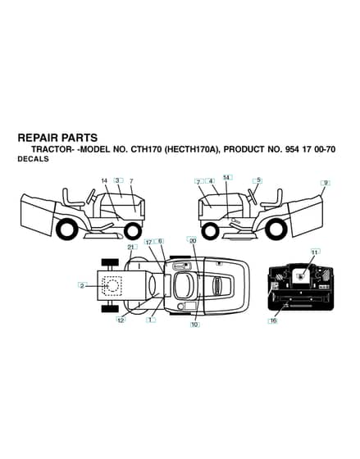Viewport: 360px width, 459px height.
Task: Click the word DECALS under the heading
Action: (x=33, y=159)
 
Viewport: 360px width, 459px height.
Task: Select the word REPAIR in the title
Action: (x=38, y=138)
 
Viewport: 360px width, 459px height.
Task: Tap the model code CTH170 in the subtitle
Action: (x=146, y=149)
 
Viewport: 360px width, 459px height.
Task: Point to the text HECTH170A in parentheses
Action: (x=192, y=149)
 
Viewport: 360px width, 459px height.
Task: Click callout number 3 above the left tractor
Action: (x=118, y=180)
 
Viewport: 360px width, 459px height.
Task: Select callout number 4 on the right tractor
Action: (x=210, y=181)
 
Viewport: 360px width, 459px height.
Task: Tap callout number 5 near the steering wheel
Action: (x=258, y=180)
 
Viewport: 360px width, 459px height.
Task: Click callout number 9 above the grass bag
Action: (x=325, y=183)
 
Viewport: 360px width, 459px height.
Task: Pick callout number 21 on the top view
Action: (x=130, y=248)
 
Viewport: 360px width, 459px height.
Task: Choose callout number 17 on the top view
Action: (x=148, y=242)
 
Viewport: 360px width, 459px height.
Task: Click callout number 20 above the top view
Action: (x=193, y=241)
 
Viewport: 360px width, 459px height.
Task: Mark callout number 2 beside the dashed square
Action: (x=82, y=286)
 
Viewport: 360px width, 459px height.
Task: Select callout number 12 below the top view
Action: (x=121, y=320)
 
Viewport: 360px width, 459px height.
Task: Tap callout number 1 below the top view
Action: (x=151, y=320)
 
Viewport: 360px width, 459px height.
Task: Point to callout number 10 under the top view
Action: (x=194, y=325)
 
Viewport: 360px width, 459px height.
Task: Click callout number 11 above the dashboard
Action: (x=314, y=252)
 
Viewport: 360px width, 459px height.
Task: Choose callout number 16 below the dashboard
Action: (x=274, y=320)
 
